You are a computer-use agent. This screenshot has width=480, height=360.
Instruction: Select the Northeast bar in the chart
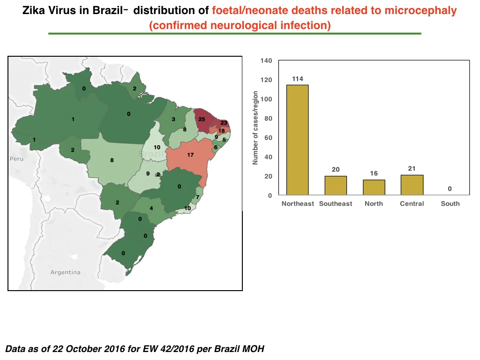point(298,140)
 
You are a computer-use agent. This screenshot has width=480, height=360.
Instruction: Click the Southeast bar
point(336,186)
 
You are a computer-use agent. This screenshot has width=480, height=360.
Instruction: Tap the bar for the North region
point(374,187)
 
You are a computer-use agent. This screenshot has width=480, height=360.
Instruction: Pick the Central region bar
point(412,185)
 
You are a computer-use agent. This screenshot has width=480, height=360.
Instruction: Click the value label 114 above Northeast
point(298,79)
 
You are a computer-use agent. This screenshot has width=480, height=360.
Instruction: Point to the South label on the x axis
point(450,203)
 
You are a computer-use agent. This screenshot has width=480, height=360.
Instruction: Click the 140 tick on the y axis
point(266,60)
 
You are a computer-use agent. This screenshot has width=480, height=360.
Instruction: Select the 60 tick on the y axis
point(268,138)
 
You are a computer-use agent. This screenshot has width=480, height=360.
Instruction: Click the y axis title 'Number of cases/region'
point(255,127)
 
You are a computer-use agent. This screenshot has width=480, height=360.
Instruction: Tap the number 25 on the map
point(202,119)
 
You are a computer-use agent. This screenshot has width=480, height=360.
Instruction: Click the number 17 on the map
point(190,155)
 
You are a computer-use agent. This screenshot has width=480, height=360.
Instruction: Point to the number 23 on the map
point(224,123)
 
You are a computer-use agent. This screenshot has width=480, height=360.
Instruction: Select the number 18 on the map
point(221,131)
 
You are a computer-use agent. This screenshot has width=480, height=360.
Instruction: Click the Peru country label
point(16,159)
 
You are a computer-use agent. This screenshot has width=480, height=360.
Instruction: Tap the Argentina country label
point(66,272)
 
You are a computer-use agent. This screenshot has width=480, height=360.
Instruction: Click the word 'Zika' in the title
point(33,10)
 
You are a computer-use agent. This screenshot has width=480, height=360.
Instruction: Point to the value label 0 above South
point(450,189)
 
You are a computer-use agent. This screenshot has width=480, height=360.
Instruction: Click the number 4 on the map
point(151,208)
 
